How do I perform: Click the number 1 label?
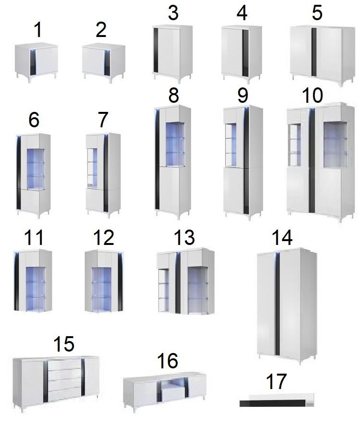pos(38,30)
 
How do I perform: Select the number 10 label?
pos(312,95)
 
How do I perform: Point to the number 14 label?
pos(282,237)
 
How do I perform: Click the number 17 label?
pos(276,381)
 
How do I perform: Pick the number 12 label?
pos(103,237)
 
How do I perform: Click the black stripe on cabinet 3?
pos(156,50)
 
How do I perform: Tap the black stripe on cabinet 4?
pos(245,53)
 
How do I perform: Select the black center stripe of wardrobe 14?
pos(277,304)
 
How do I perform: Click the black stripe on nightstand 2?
pos(107,63)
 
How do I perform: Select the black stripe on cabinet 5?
pos(314,52)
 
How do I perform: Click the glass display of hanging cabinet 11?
pos(36,289)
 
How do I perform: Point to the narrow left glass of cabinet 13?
pos(163,290)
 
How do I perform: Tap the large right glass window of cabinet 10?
pos(336,145)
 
